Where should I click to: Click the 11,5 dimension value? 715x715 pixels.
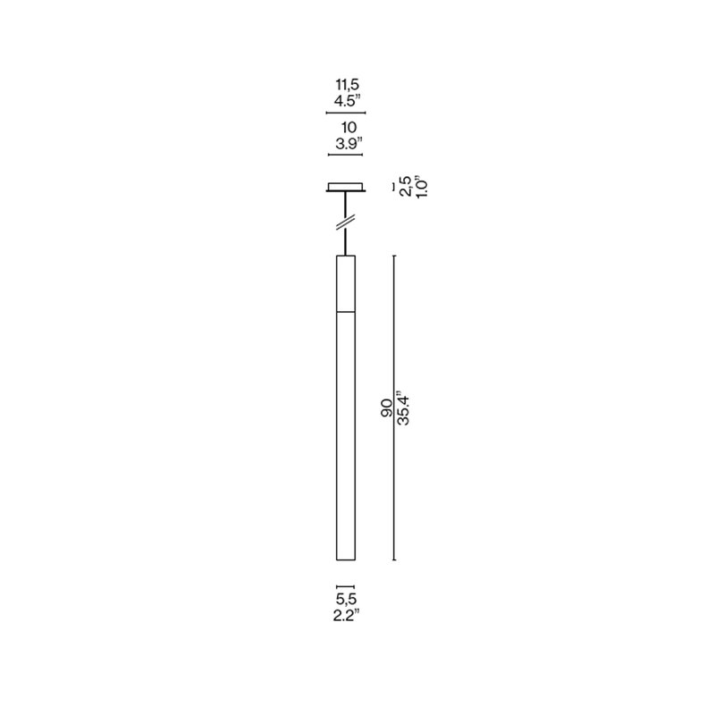[x=348, y=85]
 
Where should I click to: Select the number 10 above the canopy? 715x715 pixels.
[x=349, y=128]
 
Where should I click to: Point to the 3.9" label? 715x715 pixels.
[x=349, y=144]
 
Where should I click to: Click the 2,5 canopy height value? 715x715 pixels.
[x=405, y=186]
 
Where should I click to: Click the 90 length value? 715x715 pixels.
[x=387, y=408]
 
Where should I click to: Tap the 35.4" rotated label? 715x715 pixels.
[x=403, y=408]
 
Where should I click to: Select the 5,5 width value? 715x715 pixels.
[x=346, y=599]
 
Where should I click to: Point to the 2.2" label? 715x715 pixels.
[x=347, y=616]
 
